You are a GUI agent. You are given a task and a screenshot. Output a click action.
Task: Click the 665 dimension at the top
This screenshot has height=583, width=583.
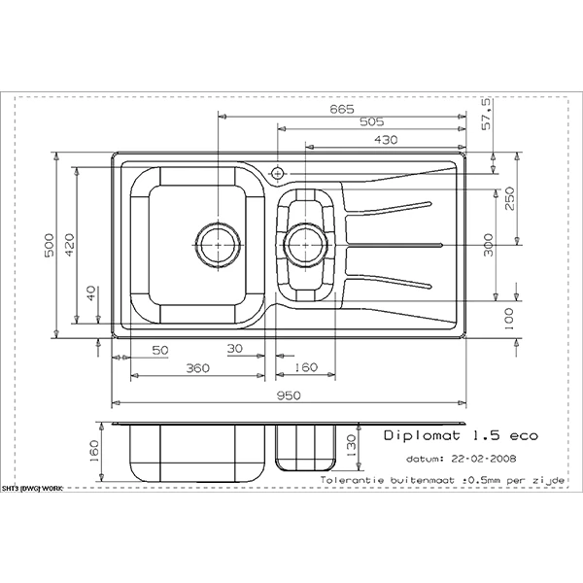(x=340, y=109)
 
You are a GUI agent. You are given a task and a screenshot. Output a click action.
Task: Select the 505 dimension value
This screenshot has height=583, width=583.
(x=370, y=122)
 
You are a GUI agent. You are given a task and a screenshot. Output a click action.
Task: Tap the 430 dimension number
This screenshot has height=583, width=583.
(x=387, y=140)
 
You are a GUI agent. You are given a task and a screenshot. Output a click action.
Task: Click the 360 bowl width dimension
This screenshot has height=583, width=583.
(x=196, y=369)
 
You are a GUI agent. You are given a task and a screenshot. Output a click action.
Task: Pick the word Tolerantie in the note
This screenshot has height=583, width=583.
(x=354, y=480)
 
